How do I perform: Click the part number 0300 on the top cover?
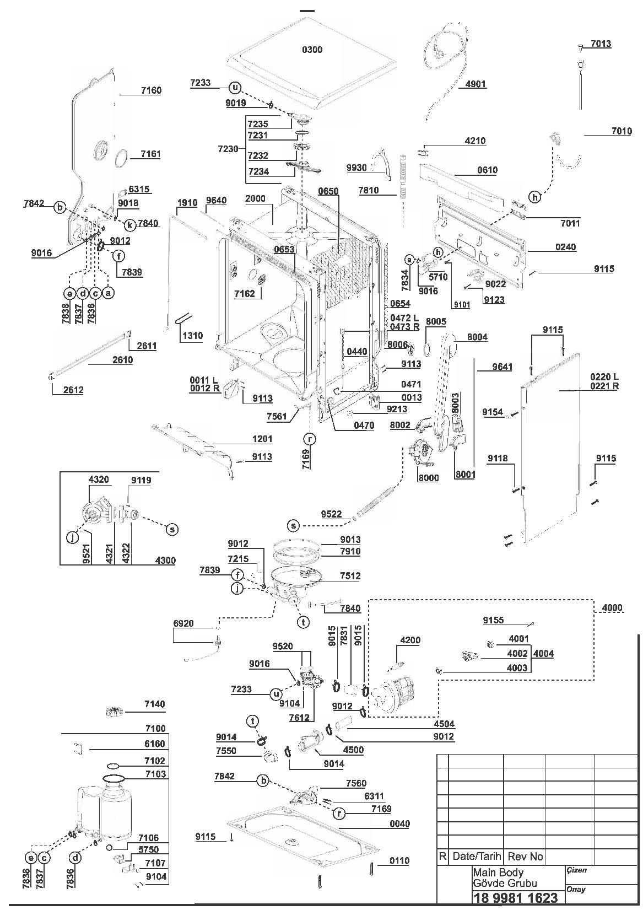coord(312,50)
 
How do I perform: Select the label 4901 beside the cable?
coord(476,84)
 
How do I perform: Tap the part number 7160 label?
coord(151,90)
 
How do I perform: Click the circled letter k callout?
coord(129,225)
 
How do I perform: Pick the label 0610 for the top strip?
coord(487,170)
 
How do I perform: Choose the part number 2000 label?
coord(255,198)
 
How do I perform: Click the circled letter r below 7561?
coord(310,439)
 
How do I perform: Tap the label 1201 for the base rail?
coord(262,439)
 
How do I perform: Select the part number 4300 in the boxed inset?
coord(165,560)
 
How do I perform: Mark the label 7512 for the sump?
coord(350,575)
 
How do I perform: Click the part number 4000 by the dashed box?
coord(612,607)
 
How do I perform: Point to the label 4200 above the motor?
coord(410,640)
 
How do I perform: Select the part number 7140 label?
coord(155,704)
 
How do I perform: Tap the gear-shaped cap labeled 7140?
coord(114,712)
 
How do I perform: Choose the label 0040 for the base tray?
coord(399,823)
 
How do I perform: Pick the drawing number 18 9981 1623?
coord(515,897)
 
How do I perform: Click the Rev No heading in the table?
coord(525,857)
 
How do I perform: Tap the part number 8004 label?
coord(477,337)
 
